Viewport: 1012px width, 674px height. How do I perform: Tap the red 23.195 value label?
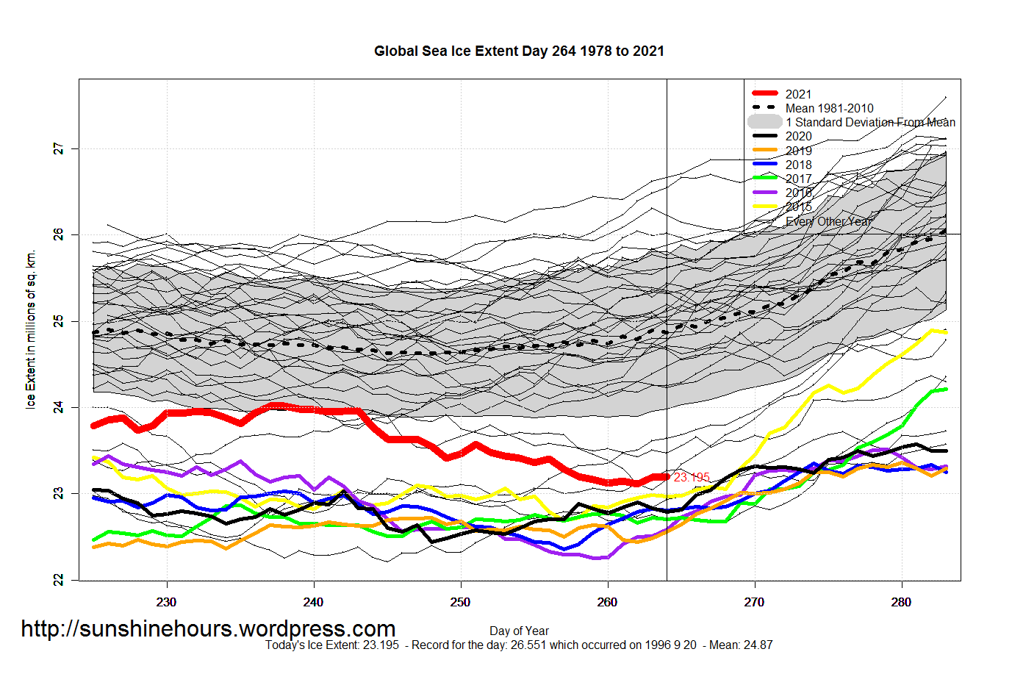pyautogui.click(x=692, y=477)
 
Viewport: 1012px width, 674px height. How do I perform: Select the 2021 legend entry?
pyautogui.click(x=798, y=94)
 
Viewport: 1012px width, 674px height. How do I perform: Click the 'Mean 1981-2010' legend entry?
pyautogui.click(x=829, y=108)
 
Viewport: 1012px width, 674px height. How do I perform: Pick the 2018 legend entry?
pyautogui.click(x=798, y=165)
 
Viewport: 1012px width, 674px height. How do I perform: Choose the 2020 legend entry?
pyautogui.click(x=798, y=136)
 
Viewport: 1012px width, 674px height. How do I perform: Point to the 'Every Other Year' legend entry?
pyautogui.click(x=828, y=221)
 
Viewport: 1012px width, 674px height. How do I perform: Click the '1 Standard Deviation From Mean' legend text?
pyautogui.click(x=870, y=122)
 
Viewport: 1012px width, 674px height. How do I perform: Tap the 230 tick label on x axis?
pyautogui.click(x=167, y=602)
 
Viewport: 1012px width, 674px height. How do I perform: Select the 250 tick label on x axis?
pyautogui.click(x=461, y=602)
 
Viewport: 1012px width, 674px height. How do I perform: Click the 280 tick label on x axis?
pyautogui.click(x=901, y=602)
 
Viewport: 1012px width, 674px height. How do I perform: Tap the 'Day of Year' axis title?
pyautogui.click(x=519, y=631)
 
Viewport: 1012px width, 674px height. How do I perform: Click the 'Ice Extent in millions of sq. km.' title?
pyautogui.click(x=31, y=330)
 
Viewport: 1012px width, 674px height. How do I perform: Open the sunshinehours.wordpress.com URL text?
pyautogui.click(x=208, y=629)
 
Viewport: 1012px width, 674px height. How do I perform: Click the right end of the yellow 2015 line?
pyautogui.click(x=944, y=332)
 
